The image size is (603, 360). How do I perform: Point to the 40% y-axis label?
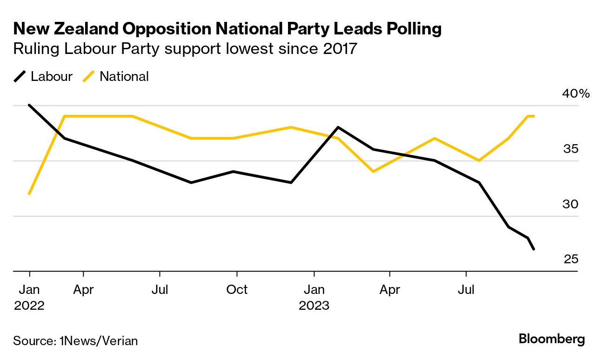tap(576, 93)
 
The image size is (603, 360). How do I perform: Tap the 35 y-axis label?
tap(570, 149)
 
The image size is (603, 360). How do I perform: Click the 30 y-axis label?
tap(570, 204)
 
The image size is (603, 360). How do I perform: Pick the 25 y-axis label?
tap(570, 259)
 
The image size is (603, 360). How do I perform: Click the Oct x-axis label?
tap(237, 290)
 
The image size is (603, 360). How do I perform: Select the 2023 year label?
tap(314, 306)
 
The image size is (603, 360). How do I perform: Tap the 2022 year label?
tap(29, 306)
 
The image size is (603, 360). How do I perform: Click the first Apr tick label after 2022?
tap(83, 290)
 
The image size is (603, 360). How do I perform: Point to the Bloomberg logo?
tap(551, 339)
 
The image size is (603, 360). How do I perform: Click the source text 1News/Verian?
tap(99, 340)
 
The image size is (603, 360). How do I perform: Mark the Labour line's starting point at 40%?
tap(29, 105)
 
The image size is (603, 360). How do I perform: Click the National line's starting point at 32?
tap(29, 193)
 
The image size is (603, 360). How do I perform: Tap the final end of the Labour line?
tap(534, 249)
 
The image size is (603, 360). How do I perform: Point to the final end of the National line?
tap(534, 116)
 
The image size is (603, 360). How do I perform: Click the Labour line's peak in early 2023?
tap(338, 127)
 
